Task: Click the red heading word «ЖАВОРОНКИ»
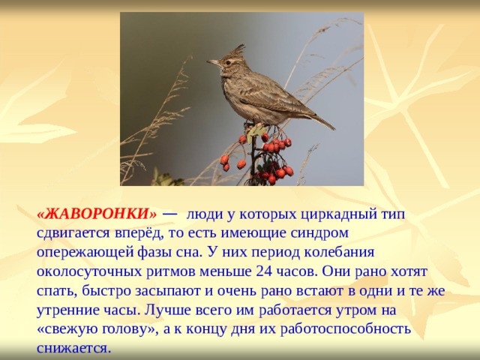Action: click(97, 214)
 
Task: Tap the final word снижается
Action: click(72, 347)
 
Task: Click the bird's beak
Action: click(211, 62)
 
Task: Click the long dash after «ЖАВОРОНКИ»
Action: click(169, 213)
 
